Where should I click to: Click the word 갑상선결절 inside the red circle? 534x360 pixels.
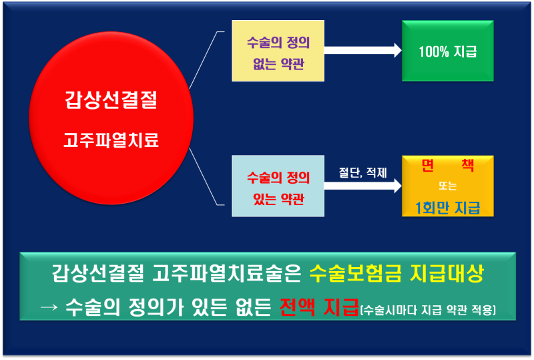[x=111, y=100]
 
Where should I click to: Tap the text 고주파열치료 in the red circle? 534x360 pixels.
[x=111, y=140]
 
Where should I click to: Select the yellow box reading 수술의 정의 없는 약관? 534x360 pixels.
[x=278, y=51]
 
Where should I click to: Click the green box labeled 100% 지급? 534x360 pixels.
[x=447, y=51]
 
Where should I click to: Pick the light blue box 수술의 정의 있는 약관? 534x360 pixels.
[x=278, y=186]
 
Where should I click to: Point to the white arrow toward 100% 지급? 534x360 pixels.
[x=363, y=51]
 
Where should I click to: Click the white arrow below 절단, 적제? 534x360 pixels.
[x=363, y=186]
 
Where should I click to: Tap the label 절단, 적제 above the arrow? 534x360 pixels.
[x=362, y=172]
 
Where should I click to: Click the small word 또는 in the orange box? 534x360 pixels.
[x=447, y=186]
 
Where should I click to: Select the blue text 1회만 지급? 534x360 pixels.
[x=447, y=207]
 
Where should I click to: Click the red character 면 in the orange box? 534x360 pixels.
[x=427, y=166]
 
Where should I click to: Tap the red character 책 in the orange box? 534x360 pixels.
[x=468, y=166]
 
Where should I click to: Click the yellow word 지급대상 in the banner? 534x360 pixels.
[x=447, y=273]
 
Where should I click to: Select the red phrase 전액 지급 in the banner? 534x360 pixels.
[x=319, y=307]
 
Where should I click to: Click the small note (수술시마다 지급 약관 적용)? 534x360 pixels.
[x=428, y=310]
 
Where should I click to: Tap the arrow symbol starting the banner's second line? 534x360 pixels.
[x=49, y=307]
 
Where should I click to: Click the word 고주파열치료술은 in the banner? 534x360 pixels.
[x=227, y=273]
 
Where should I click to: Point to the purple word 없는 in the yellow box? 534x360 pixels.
[x=264, y=63]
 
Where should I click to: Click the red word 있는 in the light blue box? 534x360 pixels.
[x=264, y=199]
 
